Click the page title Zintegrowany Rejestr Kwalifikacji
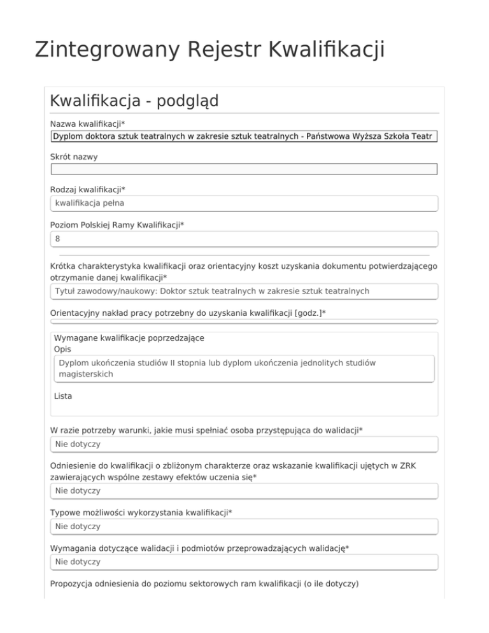pyautogui.click(x=209, y=50)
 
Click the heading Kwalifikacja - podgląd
pyautogui.click(x=134, y=101)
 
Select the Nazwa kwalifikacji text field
pyautogui.click(x=244, y=136)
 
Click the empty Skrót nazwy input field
pyautogui.click(x=244, y=169)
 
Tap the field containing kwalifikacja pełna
pyautogui.click(x=244, y=203)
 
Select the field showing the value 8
pyautogui.click(x=244, y=239)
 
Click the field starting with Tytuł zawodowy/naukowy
pyautogui.click(x=244, y=291)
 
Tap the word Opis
pyautogui.click(x=63, y=349)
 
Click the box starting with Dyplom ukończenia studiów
pyautogui.click(x=244, y=368)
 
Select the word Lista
pyautogui.click(x=63, y=396)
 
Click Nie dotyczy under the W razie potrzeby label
pyautogui.click(x=244, y=443)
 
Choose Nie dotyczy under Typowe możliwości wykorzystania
pyautogui.click(x=244, y=527)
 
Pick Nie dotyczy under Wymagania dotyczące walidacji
pyautogui.click(x=244, y=562)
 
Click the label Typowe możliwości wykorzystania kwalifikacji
pyautogui.click(x=141, y=513)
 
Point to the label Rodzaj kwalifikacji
pyautogui.click(x=88, y=190)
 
